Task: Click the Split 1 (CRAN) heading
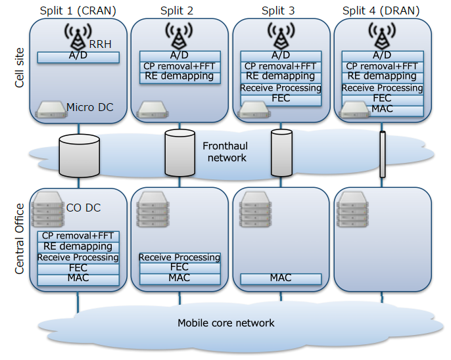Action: coord(78,10)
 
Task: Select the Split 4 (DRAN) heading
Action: coord(382,10)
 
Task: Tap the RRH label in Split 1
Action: coord(101,45)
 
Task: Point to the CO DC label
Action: coord(83,208)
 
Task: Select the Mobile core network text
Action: coord(225,323)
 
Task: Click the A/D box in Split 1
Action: coord(78,57)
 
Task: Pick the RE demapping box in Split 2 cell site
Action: coord(179,76)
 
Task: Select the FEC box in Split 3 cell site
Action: coord(281,99)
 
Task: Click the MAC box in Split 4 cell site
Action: coord(382,109)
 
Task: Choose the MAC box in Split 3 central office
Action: coord(281,279)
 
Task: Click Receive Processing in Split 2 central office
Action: coord(179,258)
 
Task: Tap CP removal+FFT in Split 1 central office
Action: coord(78,236)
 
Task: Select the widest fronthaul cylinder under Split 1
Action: coord(79,156)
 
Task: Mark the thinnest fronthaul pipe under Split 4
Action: coord(382,154)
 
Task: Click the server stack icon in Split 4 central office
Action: coord(351,208)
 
